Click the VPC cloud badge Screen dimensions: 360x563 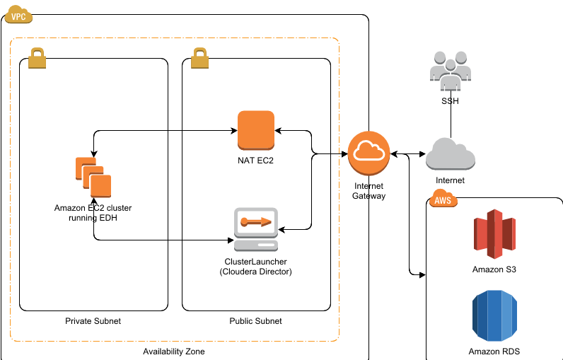(18, 14)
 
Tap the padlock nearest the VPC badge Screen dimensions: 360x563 (37, 59)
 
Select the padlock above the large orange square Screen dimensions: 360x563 (199, 59)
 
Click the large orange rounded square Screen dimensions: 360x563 (256, 129)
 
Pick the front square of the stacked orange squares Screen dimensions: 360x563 (101, 186)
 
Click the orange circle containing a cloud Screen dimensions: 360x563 (368, 153)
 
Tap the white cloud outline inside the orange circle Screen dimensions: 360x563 (368, 151)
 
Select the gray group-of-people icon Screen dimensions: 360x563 (451, 70)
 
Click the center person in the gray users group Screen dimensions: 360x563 (451, 76)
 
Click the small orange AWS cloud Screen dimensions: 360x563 (443, 198)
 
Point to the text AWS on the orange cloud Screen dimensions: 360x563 (443, 201)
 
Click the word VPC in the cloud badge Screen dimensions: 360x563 (18, 17)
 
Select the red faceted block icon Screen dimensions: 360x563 (494, 233)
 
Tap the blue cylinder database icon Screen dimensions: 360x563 (494, 315)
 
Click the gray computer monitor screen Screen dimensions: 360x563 (256, 222)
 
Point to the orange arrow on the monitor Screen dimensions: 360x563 (256, 221)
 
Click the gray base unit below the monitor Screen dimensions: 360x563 (256, 245)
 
